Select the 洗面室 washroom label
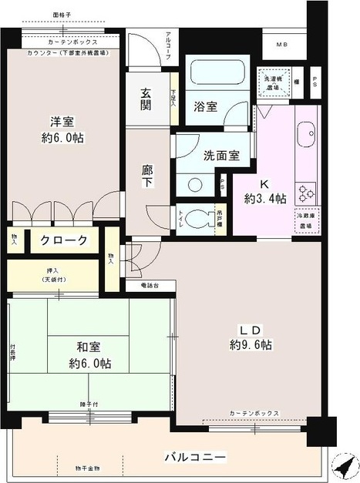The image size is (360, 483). [220, 155]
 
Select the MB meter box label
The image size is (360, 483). [282, 45]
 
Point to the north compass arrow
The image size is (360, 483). [345, 465]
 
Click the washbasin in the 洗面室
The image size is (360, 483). [194, 185]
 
